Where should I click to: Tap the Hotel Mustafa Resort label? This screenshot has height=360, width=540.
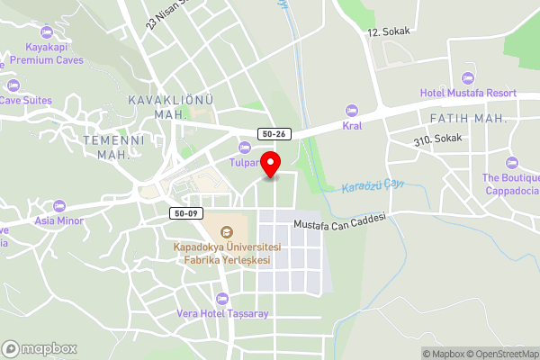tap(468, 93)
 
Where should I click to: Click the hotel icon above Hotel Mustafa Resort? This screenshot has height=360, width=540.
tap(467, 77)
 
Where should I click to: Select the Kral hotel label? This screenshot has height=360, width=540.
tap(352, 126)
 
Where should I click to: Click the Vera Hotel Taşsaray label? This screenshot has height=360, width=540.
tap(222, 313)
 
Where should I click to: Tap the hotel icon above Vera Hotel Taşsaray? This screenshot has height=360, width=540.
tap(222, 298)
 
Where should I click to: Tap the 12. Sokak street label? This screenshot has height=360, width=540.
tap(389, 31)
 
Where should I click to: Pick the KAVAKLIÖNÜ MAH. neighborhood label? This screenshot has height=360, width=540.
tap(158, 106)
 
